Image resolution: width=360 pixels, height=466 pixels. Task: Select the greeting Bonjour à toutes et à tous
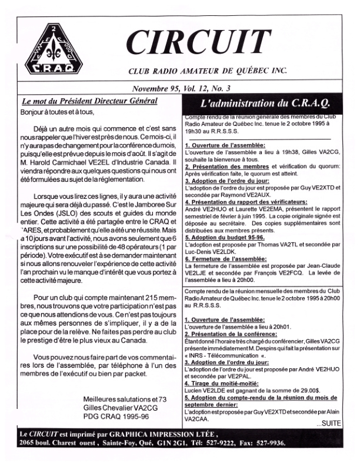click(57, 111)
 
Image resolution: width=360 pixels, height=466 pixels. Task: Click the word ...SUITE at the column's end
click(334, 440)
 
